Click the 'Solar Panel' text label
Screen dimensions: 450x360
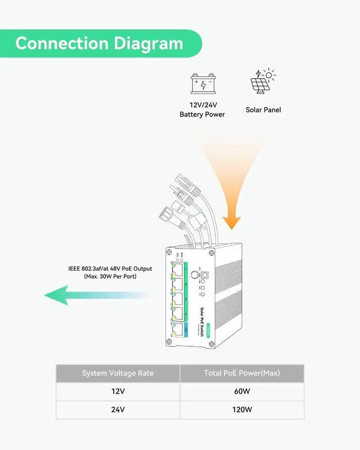point(263,110)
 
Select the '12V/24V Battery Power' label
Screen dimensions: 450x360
point(202,110)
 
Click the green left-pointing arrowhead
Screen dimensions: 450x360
point(57,295)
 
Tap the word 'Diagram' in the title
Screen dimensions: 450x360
point(148,43)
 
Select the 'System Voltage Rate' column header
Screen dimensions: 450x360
point(118,373)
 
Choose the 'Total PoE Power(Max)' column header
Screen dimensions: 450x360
point(242,373)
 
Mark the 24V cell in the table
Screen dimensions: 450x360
point(118,409)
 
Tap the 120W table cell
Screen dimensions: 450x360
point(242,409)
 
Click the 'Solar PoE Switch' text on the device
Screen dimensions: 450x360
point(202,321)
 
